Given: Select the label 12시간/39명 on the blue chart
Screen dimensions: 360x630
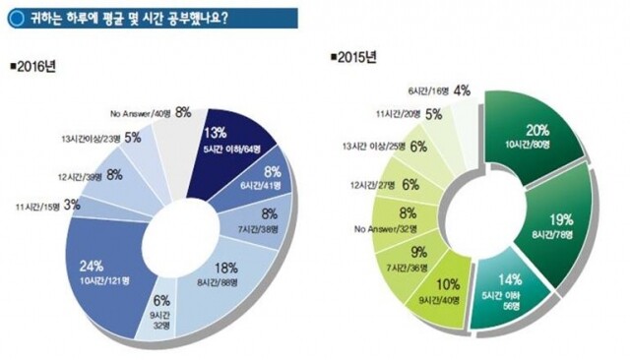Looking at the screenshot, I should point(78,176).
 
